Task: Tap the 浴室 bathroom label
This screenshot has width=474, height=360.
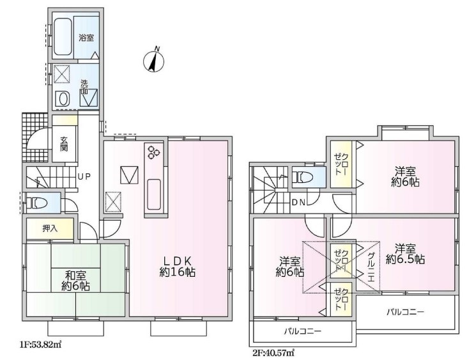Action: tap(86, 38)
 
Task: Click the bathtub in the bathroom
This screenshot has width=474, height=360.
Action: tap(63, 37)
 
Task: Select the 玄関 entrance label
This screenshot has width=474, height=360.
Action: tap(64, 144)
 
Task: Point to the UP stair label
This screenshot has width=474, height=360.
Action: tap(84, 176)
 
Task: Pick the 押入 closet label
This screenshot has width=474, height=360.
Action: tap(50, 228)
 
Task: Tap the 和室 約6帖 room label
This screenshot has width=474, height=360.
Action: tap(75, 281)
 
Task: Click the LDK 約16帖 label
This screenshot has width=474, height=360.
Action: tap(177, 266)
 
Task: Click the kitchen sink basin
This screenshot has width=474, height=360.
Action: tap(153, 194)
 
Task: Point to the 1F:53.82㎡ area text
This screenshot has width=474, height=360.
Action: tap(41, 344)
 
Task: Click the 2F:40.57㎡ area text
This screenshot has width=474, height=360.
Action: tap(273, 352)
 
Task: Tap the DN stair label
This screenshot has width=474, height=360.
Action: tap(298, 203)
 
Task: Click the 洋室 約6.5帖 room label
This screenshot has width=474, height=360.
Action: tap(405, 254)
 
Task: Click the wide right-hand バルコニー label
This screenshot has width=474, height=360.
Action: tap(406, 311)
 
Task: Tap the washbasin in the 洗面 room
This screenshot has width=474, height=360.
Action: tap(63, 98)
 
